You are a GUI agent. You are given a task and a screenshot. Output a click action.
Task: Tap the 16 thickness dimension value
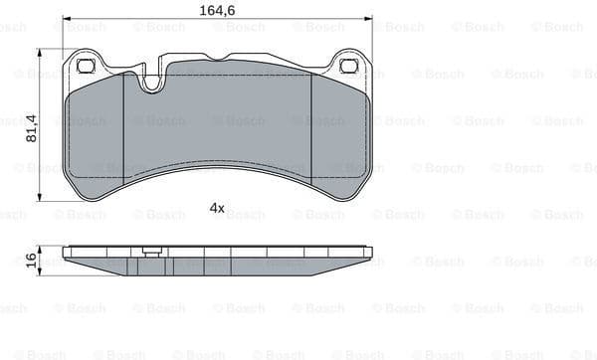click(x=30, y=258)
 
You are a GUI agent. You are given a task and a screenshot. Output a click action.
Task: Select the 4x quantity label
click(x=217, y=208)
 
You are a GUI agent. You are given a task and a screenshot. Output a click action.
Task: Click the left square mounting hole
click(x=85, y=67)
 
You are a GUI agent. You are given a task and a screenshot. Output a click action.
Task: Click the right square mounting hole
click(x=348, y=67)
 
